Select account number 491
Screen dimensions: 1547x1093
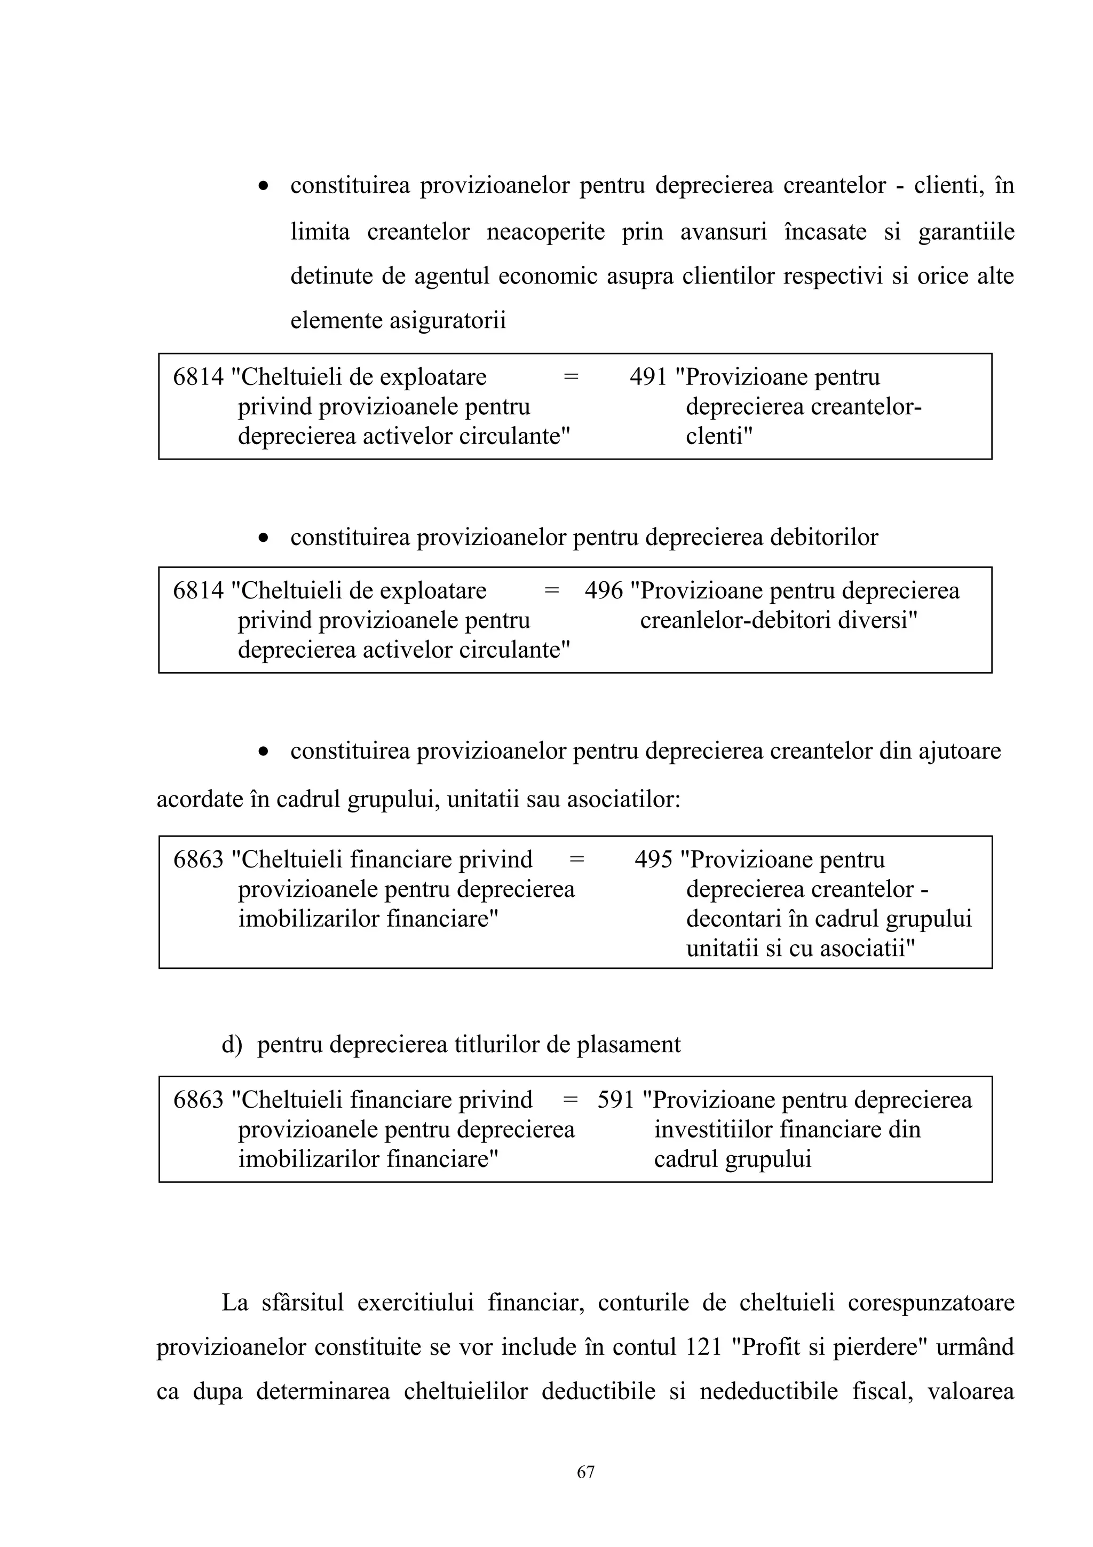pos(648,377)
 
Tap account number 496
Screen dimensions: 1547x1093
pos(604,591)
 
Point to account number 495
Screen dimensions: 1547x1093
pos(653,860)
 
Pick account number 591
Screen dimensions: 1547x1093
pos(615,1100)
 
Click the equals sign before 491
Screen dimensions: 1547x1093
pos(571,377)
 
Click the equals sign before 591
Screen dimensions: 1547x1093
pos(570,1100)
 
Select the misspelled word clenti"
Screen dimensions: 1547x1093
pos(718,437)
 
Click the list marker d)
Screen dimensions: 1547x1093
pos(232,1044)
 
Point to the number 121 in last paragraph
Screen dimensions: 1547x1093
pos(704,1347)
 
